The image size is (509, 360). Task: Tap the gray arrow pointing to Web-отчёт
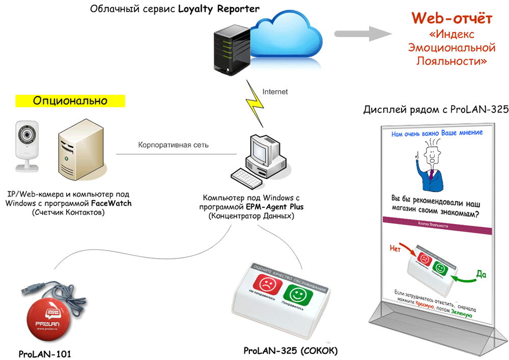pos(364,34)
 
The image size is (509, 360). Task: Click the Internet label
pos(275,92)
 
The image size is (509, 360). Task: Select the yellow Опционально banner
pos(70,100)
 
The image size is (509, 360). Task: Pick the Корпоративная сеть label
pos(173,145)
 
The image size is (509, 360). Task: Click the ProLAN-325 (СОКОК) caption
pos(291,351)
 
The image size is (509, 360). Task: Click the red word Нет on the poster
pos(395,249)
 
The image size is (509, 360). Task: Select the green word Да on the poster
pos(480,275)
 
